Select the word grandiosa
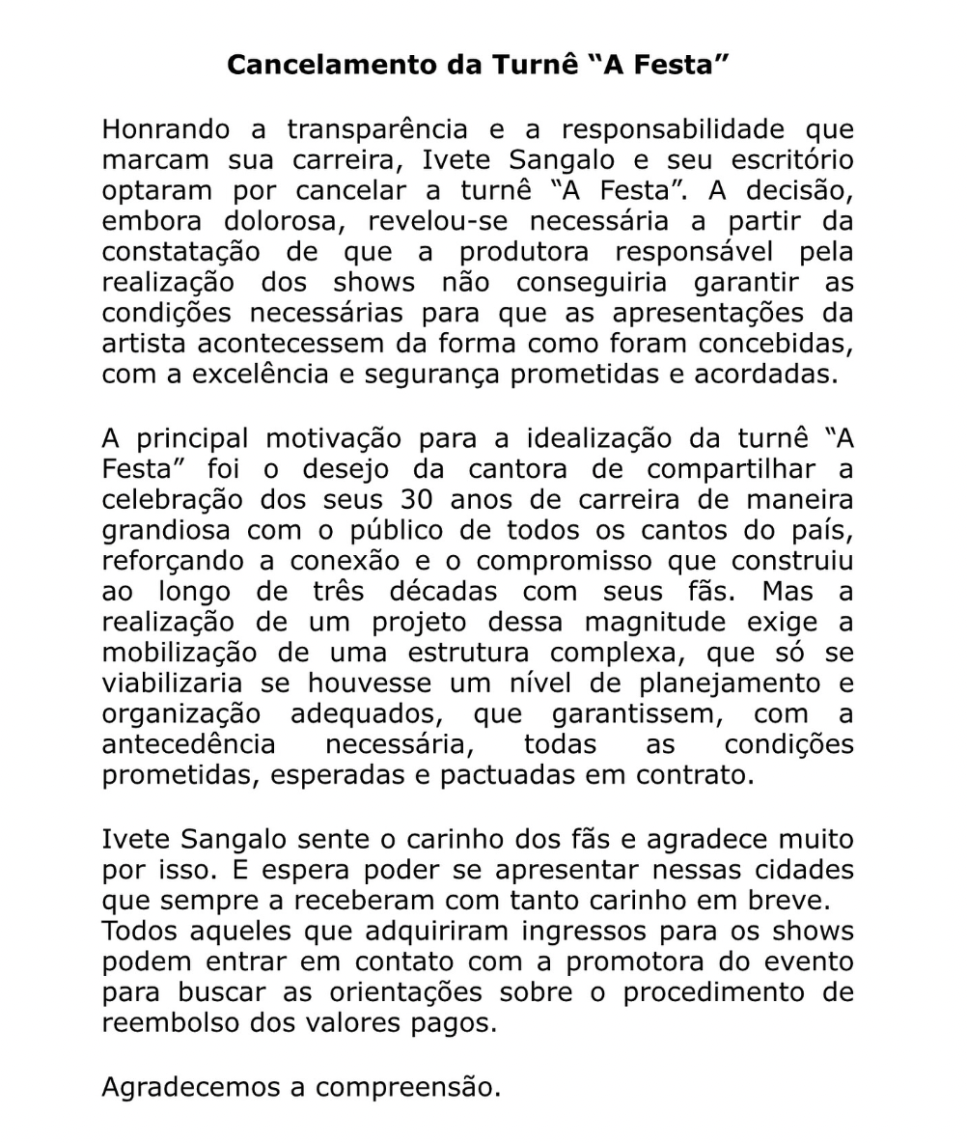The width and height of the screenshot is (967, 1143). pos(166,531)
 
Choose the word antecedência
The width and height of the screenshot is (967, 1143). pos(188,744)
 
